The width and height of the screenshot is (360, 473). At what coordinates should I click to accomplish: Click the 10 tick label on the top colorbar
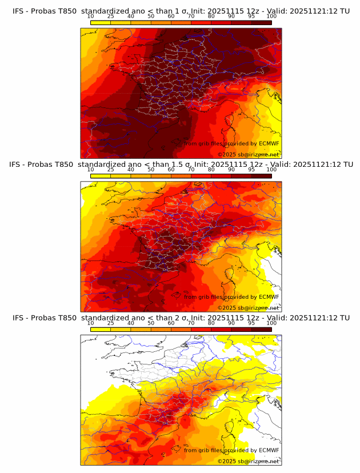(x=91, y=17)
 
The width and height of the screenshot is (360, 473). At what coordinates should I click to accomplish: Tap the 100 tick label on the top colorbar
(x=271, y=17)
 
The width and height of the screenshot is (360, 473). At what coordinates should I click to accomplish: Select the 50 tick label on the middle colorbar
(x=151, y=170)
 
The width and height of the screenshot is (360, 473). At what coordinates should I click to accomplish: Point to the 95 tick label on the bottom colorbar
(x=251, y=323)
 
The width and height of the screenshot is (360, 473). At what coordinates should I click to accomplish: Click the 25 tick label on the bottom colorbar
(x=111, y=323)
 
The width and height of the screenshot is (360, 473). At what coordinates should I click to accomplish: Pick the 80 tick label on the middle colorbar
(x=211, y=170)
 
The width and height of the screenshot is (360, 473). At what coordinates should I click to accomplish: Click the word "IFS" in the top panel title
(x=20, y=11)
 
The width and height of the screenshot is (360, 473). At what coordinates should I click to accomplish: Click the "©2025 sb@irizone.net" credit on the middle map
(x=248, y=307)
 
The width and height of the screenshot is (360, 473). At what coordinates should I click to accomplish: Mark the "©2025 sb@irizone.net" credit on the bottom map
(x=248, y=461)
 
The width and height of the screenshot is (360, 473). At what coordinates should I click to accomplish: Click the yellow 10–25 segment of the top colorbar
(x=101, y=22)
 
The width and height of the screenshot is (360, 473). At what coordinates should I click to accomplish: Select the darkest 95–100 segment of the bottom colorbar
(x=262, y=328)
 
